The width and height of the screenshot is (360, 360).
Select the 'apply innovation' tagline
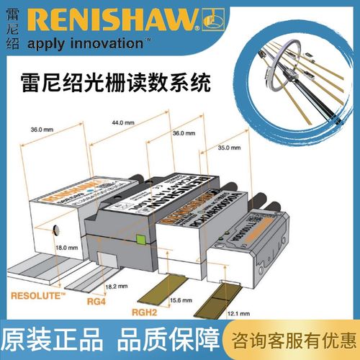point(94,44)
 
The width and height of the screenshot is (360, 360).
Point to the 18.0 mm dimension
point(67,247)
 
